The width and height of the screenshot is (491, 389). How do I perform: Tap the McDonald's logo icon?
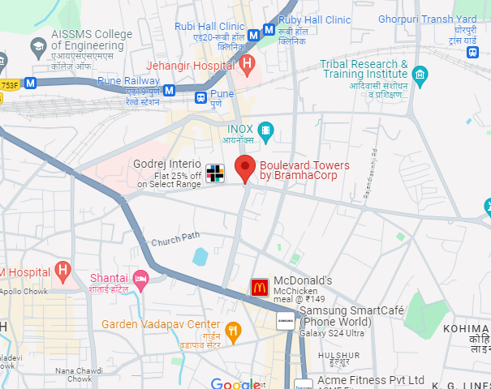pos(260,287)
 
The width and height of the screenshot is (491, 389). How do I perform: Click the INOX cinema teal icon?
pos(265,130)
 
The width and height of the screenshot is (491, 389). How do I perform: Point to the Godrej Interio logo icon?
pos(214,172)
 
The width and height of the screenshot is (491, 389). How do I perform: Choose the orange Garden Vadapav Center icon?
pos(234,330)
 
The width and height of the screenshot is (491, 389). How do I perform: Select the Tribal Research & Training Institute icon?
pos(420,78)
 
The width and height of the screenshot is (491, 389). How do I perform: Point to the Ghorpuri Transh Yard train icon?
pos(472,53)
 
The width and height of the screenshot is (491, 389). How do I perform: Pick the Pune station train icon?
pos(200,98)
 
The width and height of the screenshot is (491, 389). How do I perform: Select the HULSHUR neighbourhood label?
pos(338,355)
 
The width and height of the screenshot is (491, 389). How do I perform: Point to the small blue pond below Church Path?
pos(200,257)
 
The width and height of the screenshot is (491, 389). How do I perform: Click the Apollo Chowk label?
pos(23,291)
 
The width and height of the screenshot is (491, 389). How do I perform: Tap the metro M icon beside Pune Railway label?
pos(169,90)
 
